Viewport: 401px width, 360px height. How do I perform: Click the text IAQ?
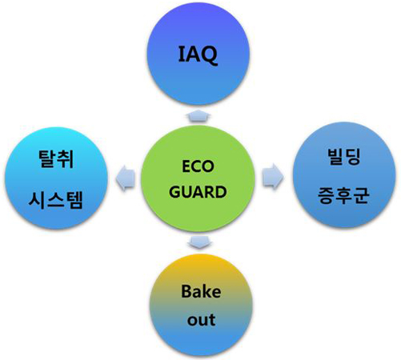click(198, 54)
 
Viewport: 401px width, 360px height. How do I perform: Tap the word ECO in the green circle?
click(198, 166)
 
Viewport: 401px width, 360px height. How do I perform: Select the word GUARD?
click(198, 192)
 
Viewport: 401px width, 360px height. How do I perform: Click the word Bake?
click(201, 291)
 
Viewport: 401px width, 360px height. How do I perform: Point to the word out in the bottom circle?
click(201, 320)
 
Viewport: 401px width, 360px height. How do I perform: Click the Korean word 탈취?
click(56, 159)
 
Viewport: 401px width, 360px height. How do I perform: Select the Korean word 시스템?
click(55, 200)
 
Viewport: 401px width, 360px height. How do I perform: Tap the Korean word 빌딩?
click(344, 157)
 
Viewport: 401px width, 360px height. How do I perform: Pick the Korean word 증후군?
click(343, 195)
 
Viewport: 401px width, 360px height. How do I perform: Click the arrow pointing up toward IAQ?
click(198, 115)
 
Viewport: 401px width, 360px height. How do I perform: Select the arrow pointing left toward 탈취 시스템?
click(126, 178)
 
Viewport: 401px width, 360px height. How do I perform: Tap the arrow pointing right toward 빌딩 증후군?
click(273, 177)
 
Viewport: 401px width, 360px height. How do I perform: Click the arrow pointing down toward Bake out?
click(200, 242)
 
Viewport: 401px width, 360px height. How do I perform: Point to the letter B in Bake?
click(186, 291)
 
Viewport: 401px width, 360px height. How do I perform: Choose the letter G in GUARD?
click(174, 192)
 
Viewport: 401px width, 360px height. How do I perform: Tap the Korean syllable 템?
click(74, 200)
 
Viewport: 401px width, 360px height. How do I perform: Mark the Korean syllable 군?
click(362, 195)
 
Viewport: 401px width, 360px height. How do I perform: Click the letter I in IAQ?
click(181, 54)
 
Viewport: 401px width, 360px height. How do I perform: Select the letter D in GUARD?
click(221, 192)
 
